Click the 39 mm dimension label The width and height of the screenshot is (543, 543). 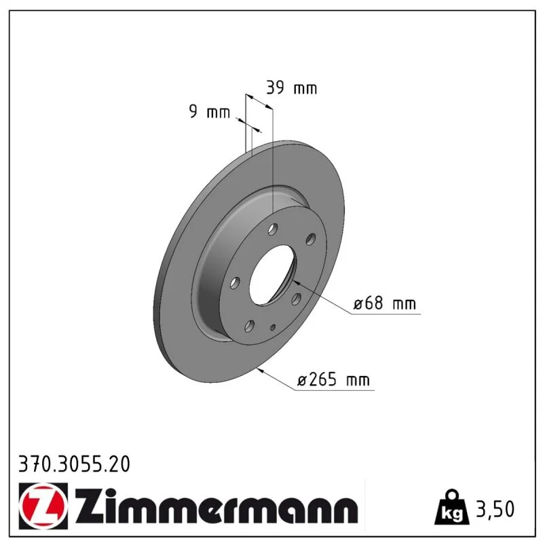point(292,88)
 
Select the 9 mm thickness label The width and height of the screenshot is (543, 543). point(210,111)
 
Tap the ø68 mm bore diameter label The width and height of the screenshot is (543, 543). point(384,303)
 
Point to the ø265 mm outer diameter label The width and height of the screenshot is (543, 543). point(333,379)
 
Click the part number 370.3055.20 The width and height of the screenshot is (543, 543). point(74,464)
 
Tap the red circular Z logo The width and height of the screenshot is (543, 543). point(43,506)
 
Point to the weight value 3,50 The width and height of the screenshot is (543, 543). point(495,508)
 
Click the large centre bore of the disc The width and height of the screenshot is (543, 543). point(272,276)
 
